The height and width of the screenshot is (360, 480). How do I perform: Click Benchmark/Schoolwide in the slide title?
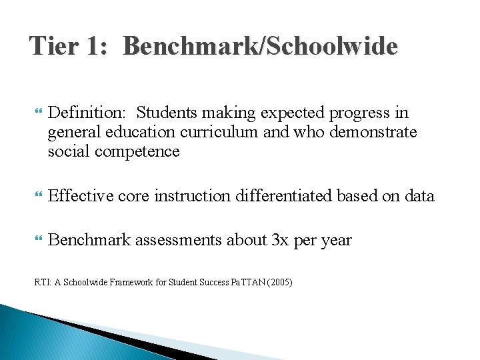(x=260, y=47)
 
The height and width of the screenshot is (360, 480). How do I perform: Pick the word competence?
(x=137, y=151)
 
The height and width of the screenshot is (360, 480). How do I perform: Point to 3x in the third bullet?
(x=281, y=240)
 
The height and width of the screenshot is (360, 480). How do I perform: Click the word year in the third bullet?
(x=336, y=241)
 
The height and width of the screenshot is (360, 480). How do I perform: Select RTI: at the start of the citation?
(x=43, y=283)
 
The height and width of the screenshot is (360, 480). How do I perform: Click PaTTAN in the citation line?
(x=243, y=283)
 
